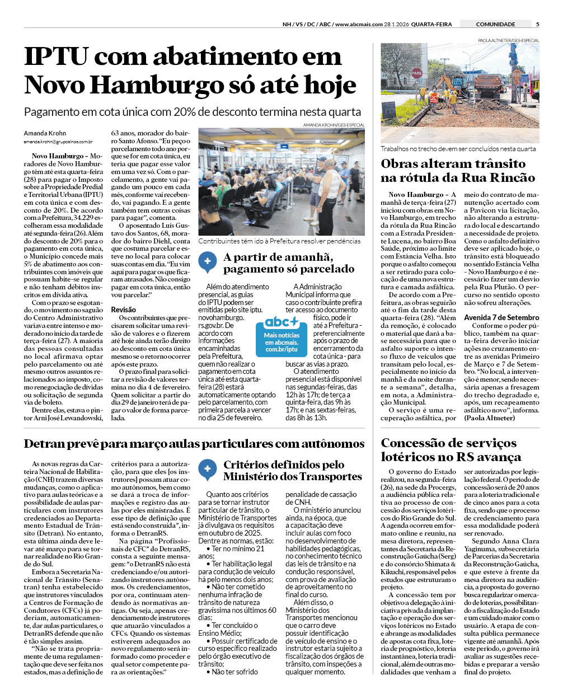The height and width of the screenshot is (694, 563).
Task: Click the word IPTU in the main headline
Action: (x=57, y=57)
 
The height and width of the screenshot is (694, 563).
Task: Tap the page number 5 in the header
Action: (x=537, y=24)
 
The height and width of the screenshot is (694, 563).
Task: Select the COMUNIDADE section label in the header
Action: (x=495, y=24)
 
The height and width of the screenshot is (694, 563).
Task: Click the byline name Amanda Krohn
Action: (x=45, y=133)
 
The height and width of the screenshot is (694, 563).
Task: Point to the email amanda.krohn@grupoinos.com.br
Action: (x=58, y=142)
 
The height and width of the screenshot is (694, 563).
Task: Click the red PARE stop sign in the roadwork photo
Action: (x=416, y=73)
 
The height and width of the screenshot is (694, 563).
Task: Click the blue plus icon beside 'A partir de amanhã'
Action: (x=208, y=261)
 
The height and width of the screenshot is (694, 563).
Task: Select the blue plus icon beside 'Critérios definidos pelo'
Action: (x=208, y=469)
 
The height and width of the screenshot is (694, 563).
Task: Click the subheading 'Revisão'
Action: (x=123, y=310)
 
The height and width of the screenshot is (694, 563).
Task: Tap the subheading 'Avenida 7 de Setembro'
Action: (x=501, y=317)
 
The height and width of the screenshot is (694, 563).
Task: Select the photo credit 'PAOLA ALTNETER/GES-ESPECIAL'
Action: (x=508, y=40)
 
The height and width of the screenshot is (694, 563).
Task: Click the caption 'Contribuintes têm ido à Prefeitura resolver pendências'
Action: (x=279, y=241)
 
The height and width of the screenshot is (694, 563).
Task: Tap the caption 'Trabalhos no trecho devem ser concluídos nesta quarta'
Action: (x=458, y=149)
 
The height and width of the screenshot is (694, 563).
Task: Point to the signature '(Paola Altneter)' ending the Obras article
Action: (x=489, y=418)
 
